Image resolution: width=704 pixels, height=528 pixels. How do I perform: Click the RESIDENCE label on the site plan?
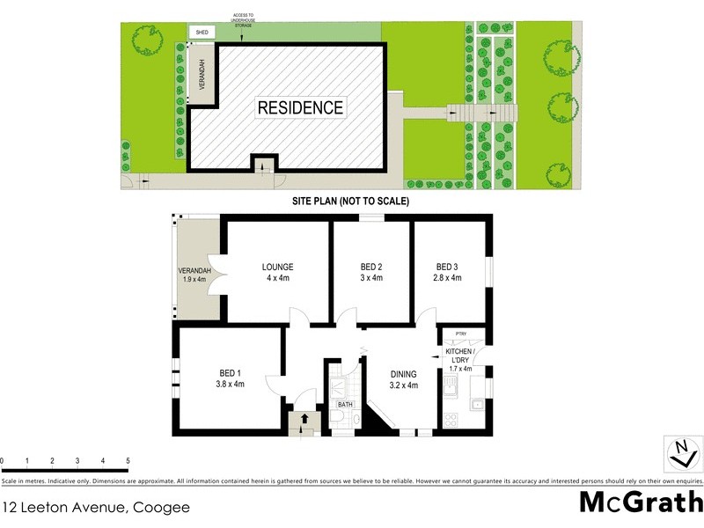(301, 107)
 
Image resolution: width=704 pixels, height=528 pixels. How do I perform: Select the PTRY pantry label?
(460, 334)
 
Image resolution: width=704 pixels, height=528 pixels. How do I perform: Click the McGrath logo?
(641, 502)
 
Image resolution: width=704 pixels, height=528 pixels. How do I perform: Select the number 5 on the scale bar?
(128, 460)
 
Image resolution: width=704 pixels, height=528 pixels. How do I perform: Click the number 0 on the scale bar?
(3, 460)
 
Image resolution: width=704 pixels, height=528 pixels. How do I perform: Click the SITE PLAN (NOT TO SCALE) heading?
(351, 202)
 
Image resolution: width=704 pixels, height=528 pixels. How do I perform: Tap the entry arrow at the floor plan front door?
(304, 420)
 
